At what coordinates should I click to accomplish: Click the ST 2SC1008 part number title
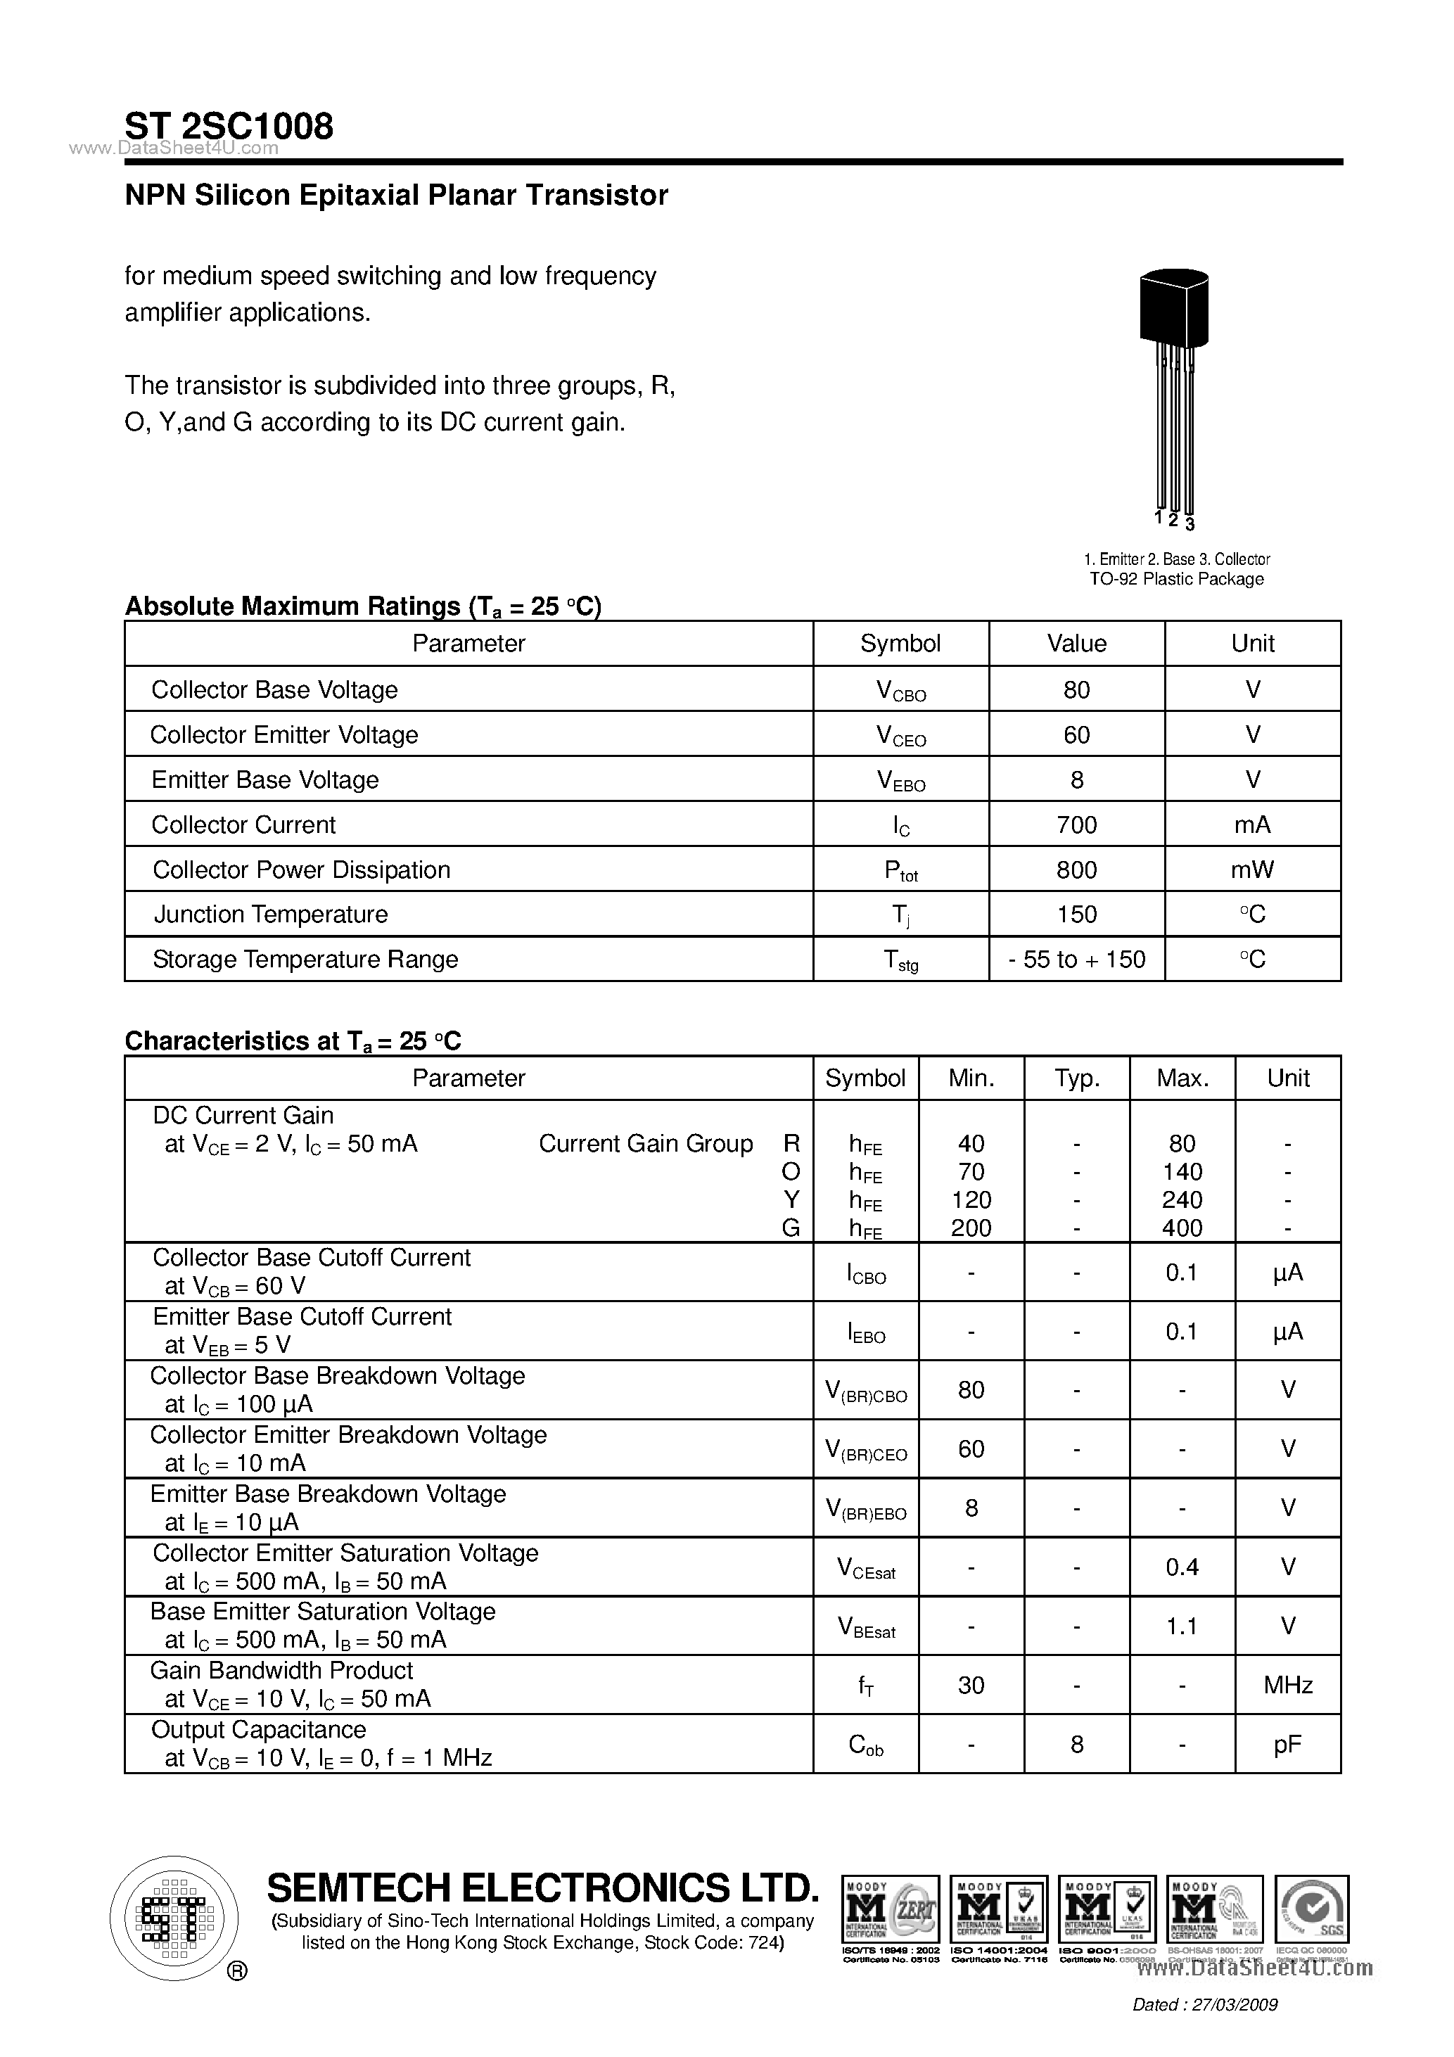point(229,127)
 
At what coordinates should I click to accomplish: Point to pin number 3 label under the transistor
point(1190,525)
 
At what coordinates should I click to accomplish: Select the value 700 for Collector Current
point(1076,824)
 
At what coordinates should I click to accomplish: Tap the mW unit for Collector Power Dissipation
point(1251,869)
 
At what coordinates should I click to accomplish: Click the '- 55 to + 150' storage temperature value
point(1076,960)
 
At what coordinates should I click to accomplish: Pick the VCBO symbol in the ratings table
point(900,691)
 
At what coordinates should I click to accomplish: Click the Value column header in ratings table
point(1076,643)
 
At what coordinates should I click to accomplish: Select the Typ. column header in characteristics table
point(1076,1078)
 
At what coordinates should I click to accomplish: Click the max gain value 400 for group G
point(1182,1228)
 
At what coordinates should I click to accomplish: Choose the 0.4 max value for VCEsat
point(1182,1567)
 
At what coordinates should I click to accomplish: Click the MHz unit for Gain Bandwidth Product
point(1287,1685)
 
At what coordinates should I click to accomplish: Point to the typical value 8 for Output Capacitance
point(1076,1743)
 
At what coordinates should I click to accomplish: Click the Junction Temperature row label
point(271,914)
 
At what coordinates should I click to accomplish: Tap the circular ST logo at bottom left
point(174,1918)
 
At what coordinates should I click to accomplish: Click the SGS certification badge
point(1312,1910)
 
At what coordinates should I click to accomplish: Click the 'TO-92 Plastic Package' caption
point(1175,579)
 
